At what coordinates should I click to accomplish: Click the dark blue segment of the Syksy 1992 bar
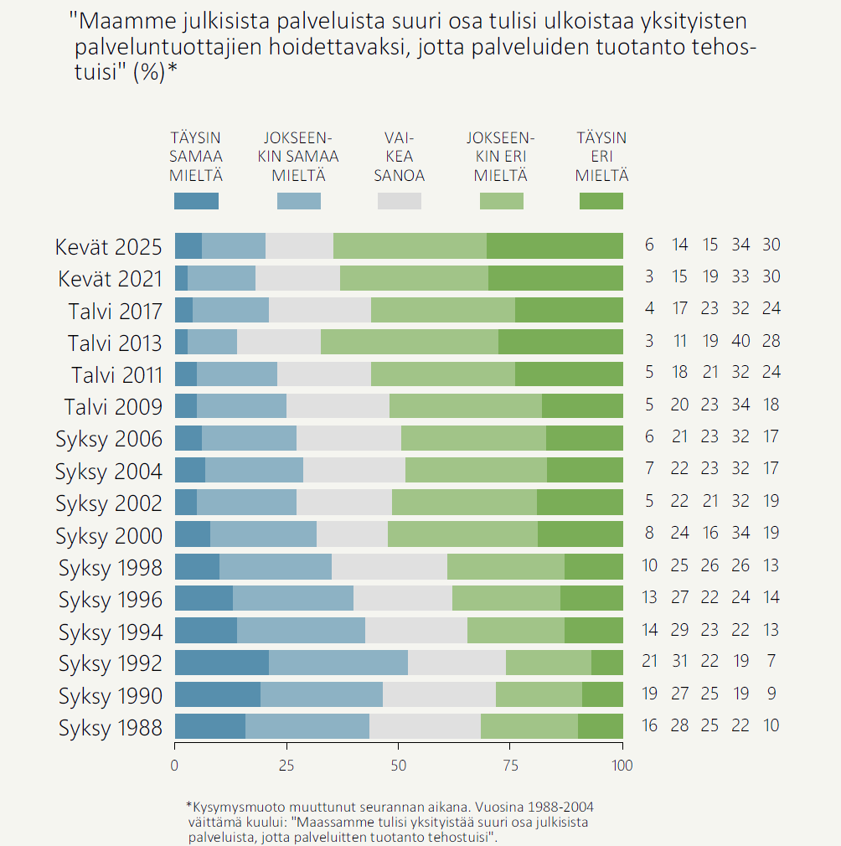coord(221,663)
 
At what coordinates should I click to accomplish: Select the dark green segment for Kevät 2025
coord(555,246)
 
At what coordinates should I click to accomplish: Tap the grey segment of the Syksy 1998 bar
coord(390,567)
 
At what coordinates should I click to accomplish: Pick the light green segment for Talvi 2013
coord(410,343)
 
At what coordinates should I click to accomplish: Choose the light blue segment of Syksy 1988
coord(307,726)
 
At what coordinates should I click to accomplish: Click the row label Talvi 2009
coord(113,408)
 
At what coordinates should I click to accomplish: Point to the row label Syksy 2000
coord(109,536)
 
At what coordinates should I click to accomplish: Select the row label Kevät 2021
coord(110,279)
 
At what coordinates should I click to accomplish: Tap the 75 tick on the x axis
coord(510,765)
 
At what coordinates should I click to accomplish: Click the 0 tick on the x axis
coord(174,765)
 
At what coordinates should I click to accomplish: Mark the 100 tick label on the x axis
coord(622,765)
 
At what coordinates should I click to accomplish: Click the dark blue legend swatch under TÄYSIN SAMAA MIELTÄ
coord(196,201)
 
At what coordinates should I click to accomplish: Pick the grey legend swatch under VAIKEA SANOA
coord(400,201)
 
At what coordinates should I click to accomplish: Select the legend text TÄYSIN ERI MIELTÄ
coord(601,157)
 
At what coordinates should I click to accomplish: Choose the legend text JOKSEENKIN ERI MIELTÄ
coord(500,157)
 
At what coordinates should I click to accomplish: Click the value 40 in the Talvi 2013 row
coord(740,342)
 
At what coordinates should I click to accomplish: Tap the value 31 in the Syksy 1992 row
coord(679,662)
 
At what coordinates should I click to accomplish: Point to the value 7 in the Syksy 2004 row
coord(650,470)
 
